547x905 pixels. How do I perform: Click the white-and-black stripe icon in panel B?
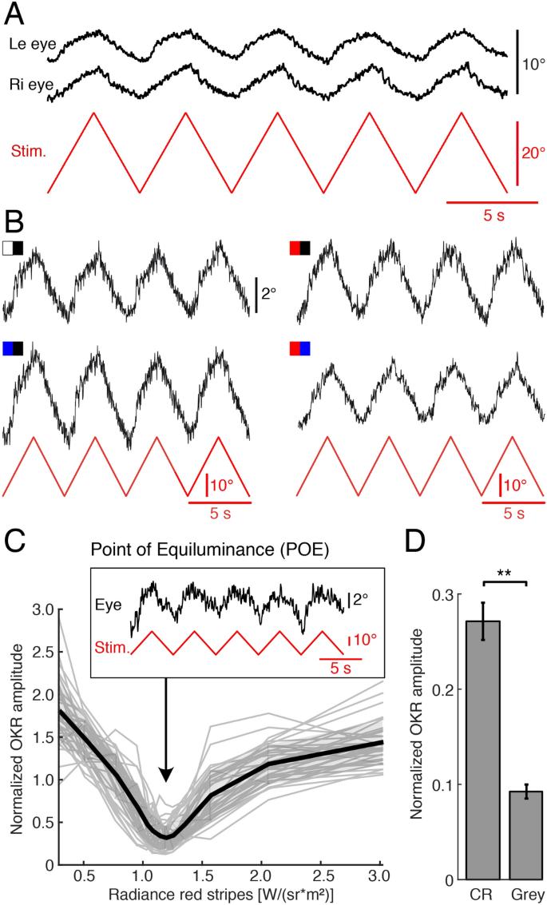tap(13, 248)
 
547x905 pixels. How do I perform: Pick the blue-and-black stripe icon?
tap(13, 348)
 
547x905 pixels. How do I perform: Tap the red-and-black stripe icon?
tap(299, 248)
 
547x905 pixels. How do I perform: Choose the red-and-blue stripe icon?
tap(299, 348)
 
